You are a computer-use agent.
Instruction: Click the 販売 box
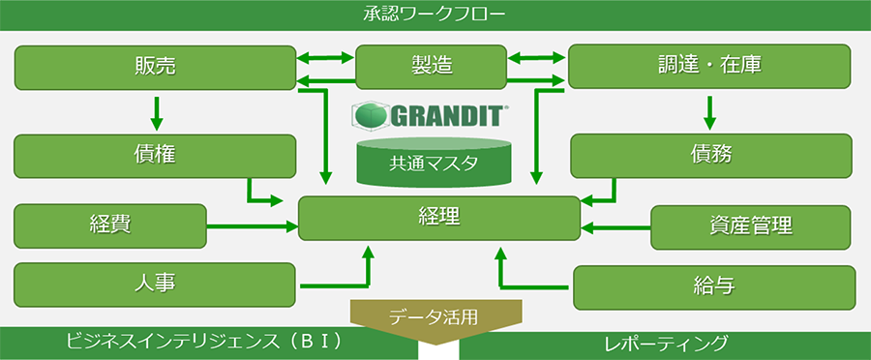pyautogui.click(x=155, y=66)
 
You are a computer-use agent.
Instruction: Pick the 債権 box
pyautogui.click(x=155, y=156)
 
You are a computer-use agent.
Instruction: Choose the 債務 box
pyautogui.click(x=711, y=156)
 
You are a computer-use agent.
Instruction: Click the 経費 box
pyautogui.click(x=110, y=225)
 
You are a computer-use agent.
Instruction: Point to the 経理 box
pyautogui.click(x=439, y=218)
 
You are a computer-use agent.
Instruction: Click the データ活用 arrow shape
pyautogui.click(x=435, y=318)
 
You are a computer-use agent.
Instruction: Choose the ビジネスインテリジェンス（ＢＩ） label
pyautogui.click(x=203, y=344)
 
